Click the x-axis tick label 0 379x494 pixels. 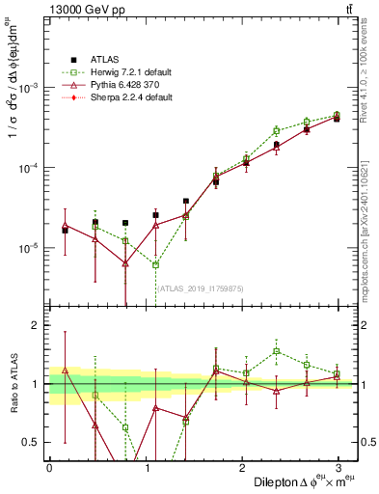click(49, 466)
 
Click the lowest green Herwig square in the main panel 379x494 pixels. click(155, 264)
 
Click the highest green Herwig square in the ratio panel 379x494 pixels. click(276, 351)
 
